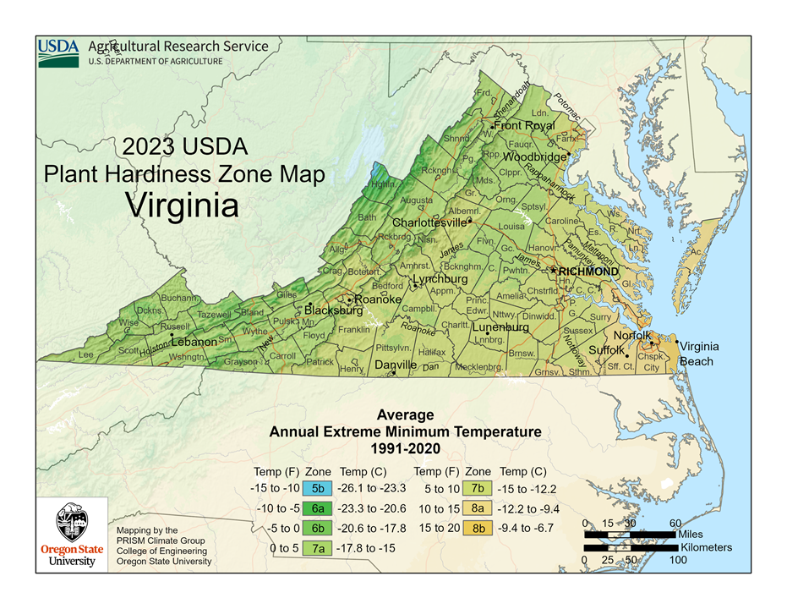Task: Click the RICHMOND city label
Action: click(x=588, y=272)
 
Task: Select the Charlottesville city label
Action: click(x=429, y=222)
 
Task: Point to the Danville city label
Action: click(x=396, y=365)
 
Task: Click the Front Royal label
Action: click(x=524, y=126)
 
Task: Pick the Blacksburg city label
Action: click(x=333, y=310)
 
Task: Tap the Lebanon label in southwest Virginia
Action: click(x=194, y=343)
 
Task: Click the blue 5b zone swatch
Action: click(x=318, y=489)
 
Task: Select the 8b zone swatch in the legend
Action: click(x=478, y=528)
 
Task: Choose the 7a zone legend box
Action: click(x=318, y=547)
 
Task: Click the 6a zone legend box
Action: click(x=318, y=508)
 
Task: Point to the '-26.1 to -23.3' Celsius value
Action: click(x=373, y=489)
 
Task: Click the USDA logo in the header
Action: click(x=58, y=52)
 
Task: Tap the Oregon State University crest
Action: click(x=73, y=524)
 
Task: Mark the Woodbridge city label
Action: click(x=534, y=156)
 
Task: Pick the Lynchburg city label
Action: click(x=440, y=279)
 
